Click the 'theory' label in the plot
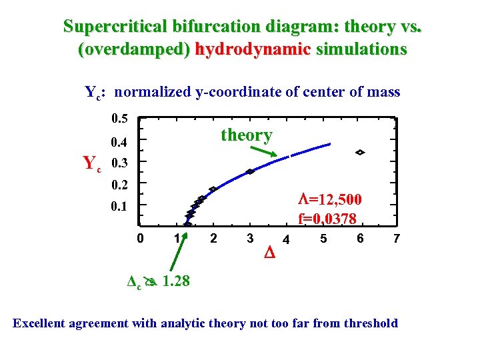tap(246, 135)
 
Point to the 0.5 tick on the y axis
tap(119, 119)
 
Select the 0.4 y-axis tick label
tap(119, 141)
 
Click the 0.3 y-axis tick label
tap(121, 163)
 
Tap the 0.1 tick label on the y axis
tap(119, 206)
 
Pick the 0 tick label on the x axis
tap(139, 238)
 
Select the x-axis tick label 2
tap(213, 238)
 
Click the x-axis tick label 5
tap(323, 238)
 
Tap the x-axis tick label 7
tap(396, 238)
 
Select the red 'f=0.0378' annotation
tap(327, 218)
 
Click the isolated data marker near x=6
tap(360, 153)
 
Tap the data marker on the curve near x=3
tap(250, 171)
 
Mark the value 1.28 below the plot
tap(175, 281)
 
